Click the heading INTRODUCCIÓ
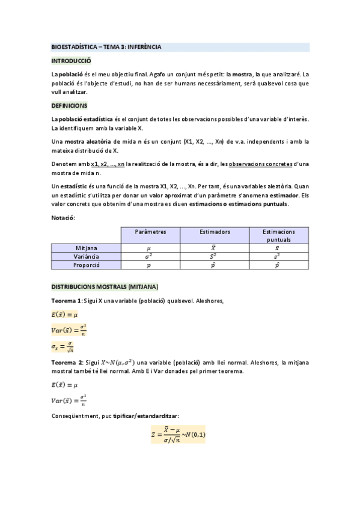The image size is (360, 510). [x=71, y=61]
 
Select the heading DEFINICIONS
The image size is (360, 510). [x=70, y=105]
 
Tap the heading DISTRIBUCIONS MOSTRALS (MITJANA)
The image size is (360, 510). [x=105, y=286]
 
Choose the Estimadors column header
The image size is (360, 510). [x=215, y=232]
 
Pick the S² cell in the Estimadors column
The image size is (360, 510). [x=215, y=256]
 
